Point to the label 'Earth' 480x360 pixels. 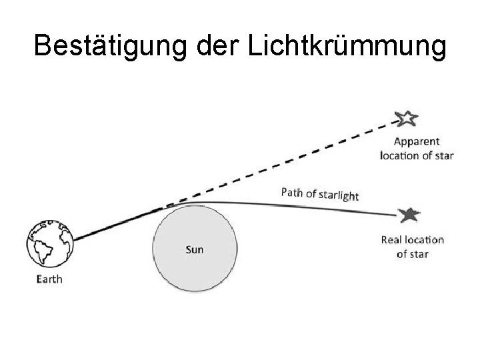pos(49,279)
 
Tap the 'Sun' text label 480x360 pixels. pos(194,250)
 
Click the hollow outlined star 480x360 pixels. pos(406,119)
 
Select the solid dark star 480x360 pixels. pos(409,215)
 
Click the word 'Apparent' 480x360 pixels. pos(416,141)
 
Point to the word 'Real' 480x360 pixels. pos(392,240)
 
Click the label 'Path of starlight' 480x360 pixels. pos(320,193)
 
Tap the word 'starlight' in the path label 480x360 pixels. pos(338,195)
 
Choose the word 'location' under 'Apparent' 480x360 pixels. pos(399,155)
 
